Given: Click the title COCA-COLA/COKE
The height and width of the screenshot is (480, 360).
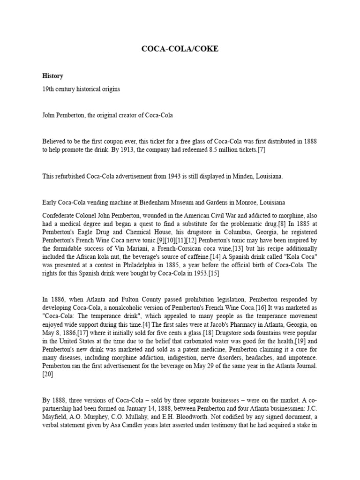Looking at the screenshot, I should [180, 49].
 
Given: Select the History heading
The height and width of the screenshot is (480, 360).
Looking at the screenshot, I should [52, 75].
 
